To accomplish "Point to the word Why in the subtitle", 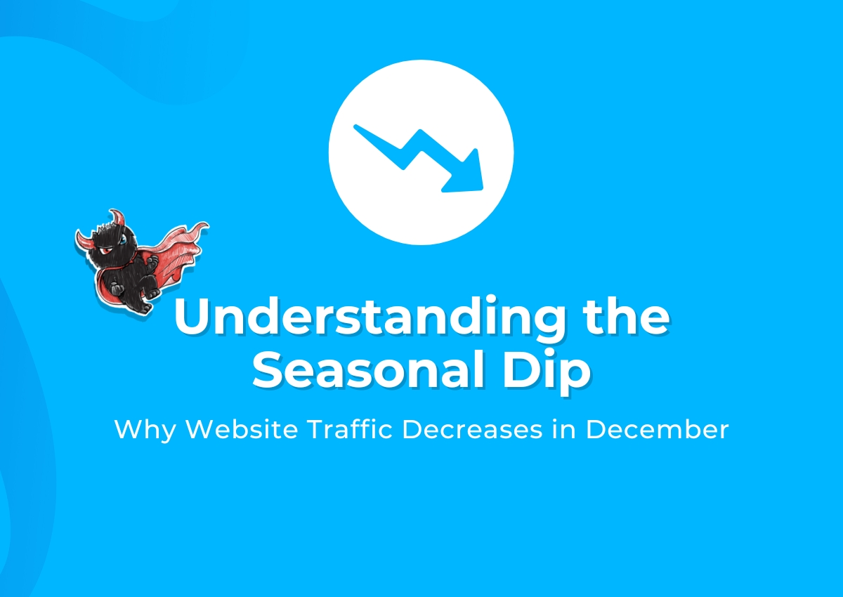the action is point(145,431).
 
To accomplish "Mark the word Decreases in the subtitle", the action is point(472,429).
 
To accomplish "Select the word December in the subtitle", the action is point(657,429).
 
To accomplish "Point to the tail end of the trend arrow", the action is point(356,127).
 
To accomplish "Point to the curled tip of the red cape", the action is point(202,226).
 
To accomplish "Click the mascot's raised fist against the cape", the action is point(152,262).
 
